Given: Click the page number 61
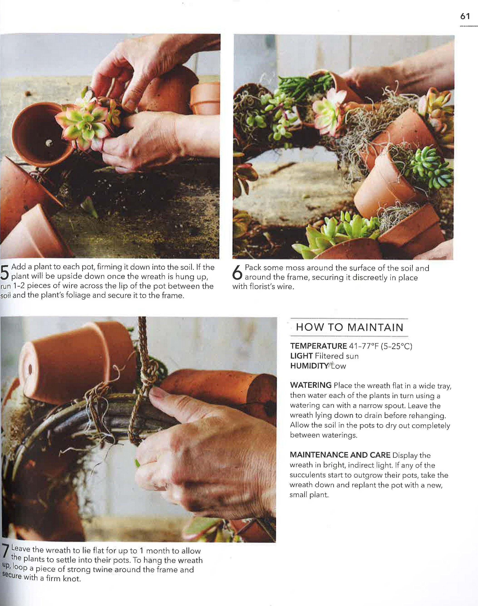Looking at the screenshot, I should (x=465, y=16).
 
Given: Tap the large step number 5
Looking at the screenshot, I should (x=5, y=272).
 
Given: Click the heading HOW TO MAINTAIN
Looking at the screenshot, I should (x=350, y=327).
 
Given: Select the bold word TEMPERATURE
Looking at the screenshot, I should (x=318, y=346).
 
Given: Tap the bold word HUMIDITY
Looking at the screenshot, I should (x=309, y=366).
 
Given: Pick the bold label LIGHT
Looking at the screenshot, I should (x=301, y=356).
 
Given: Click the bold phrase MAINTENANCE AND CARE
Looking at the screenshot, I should (x=340, y=455).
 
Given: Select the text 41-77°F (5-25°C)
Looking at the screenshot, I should (x=380, y=346).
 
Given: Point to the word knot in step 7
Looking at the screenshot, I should (x=71, y=579).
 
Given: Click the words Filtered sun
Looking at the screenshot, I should (x=336, y=356).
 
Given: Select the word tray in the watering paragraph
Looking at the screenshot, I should (x=443, y=386).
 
